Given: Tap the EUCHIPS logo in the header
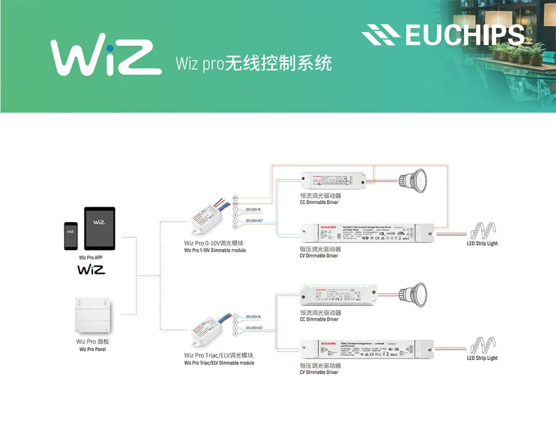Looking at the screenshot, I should (443, 34).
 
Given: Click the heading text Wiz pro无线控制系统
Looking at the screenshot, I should (253, 64).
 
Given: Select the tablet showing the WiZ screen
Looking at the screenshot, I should (99, 228).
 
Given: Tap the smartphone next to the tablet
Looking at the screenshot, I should (71, 236).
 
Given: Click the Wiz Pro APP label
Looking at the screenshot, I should (91, 258).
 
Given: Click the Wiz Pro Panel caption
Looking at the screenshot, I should (93, 350).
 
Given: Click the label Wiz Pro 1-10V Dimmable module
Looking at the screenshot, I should (215, 250).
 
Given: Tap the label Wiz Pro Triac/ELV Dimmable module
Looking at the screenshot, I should (219, 363).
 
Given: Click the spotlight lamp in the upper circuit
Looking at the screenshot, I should (413, 180).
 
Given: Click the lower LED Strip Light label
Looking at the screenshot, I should (482, 358).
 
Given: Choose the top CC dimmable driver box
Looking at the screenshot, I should (334, 180).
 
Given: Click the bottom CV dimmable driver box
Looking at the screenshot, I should (367, 350).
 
